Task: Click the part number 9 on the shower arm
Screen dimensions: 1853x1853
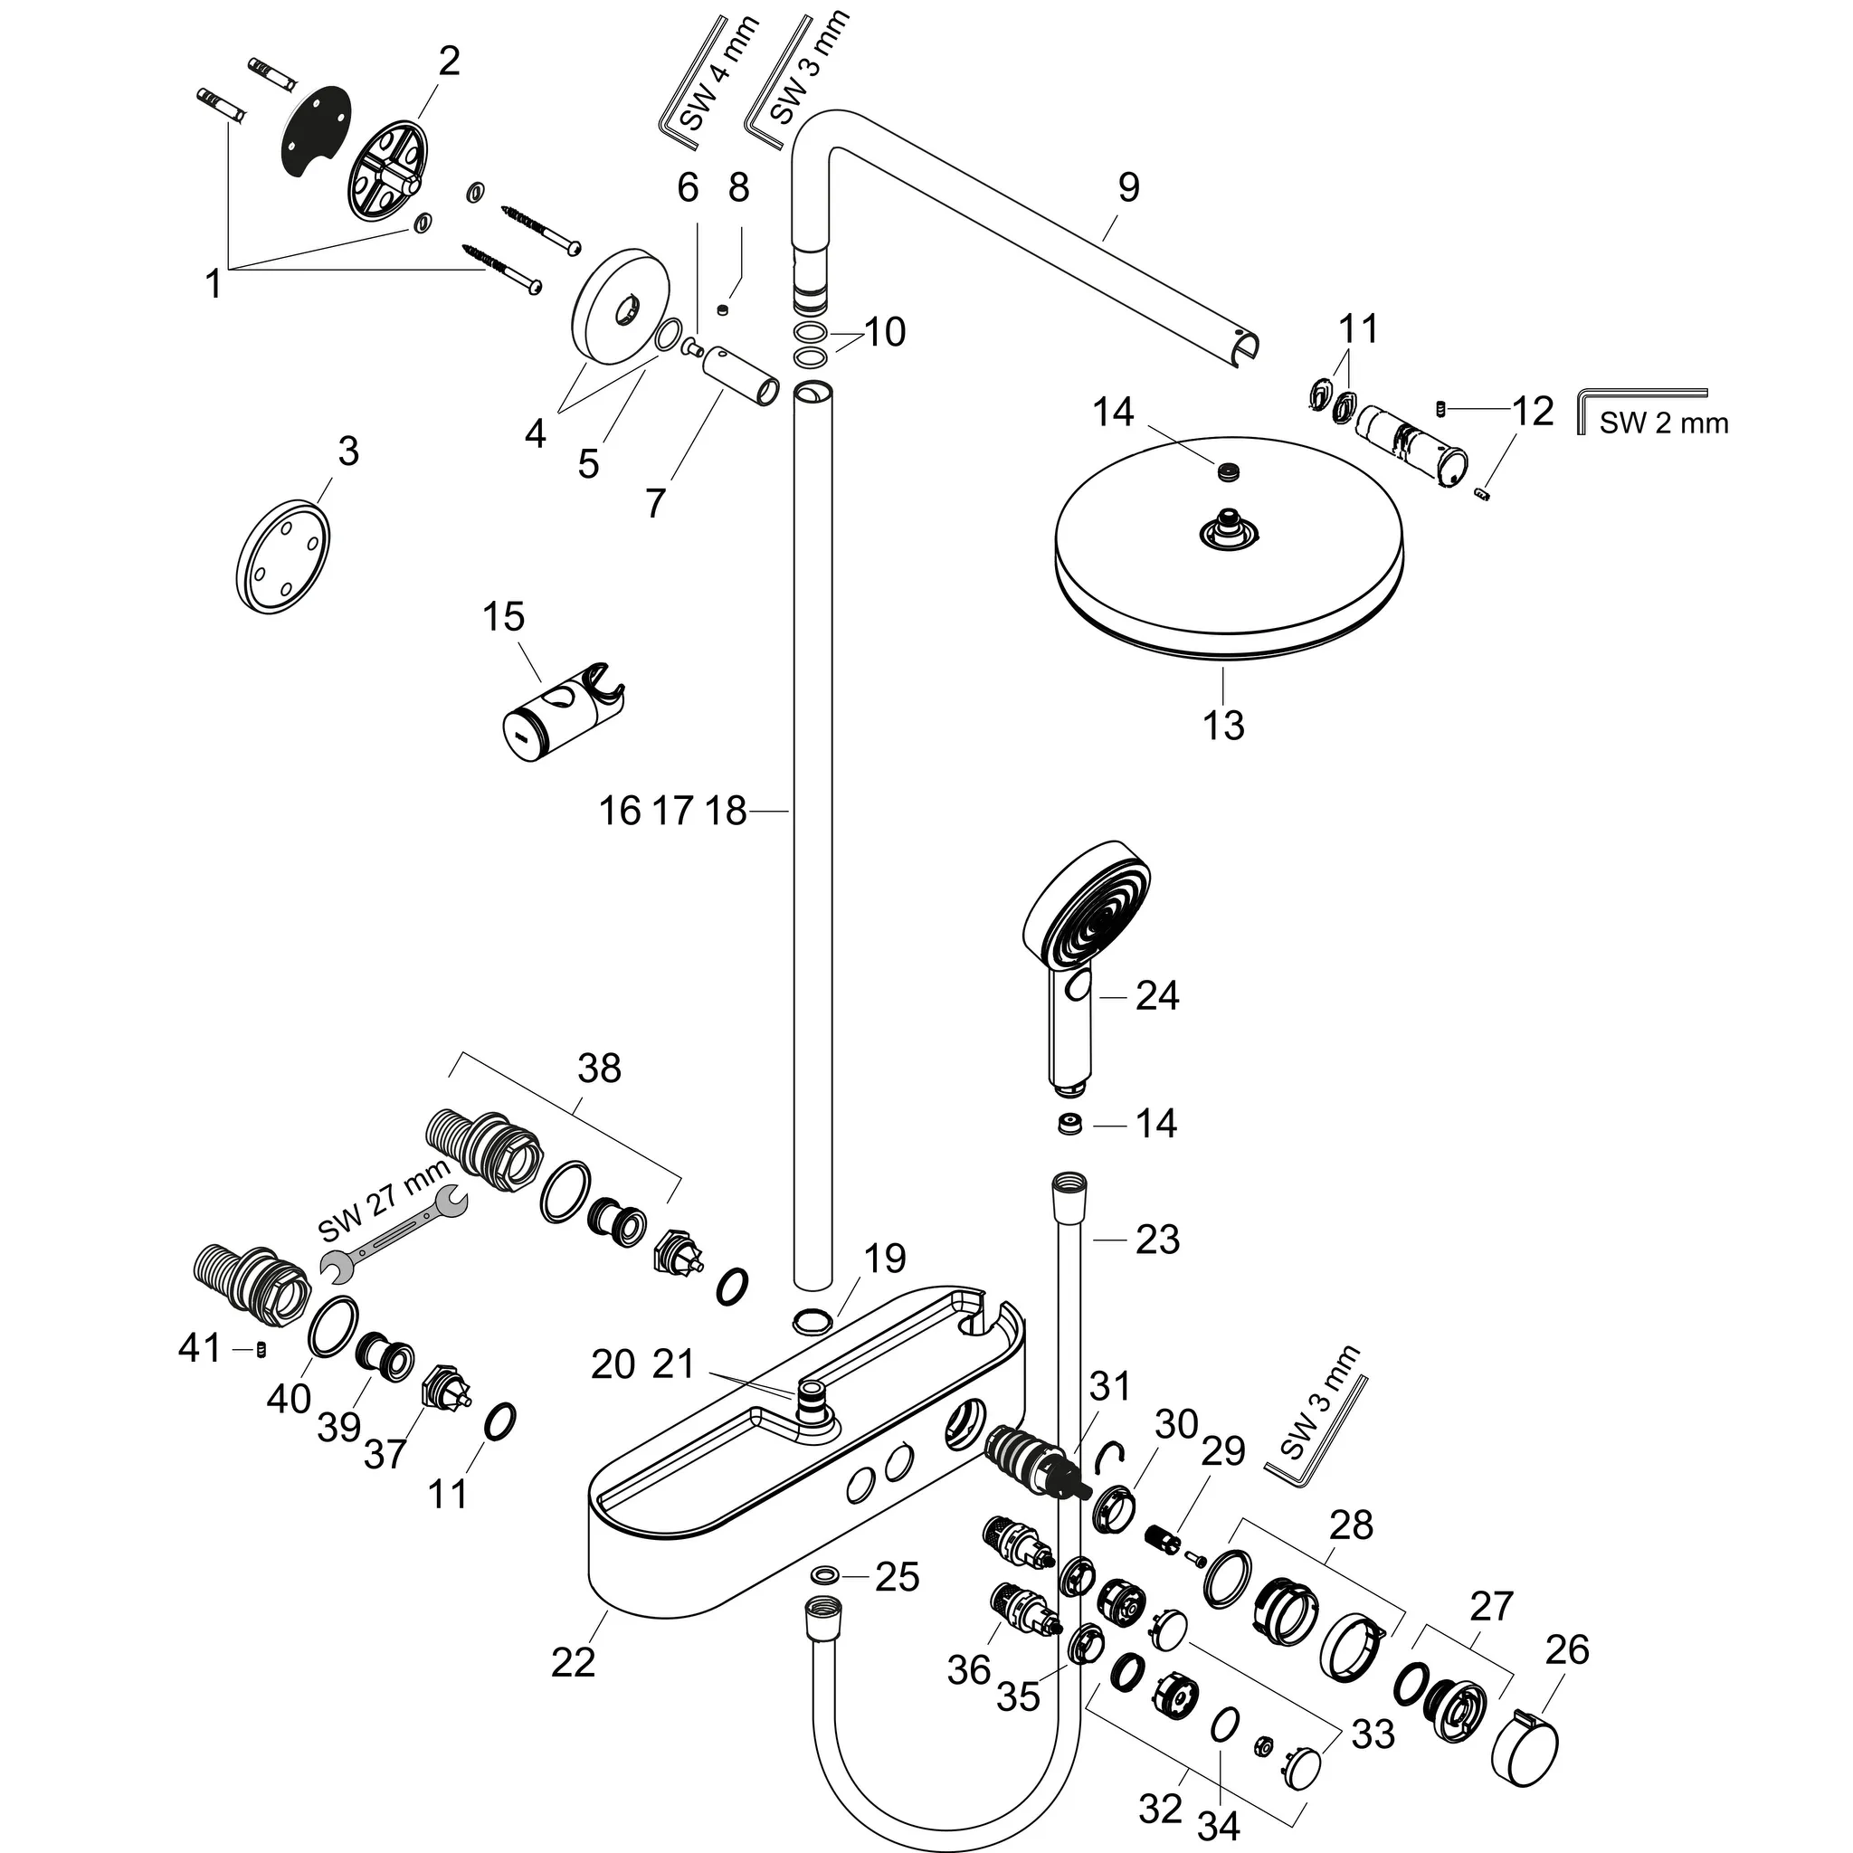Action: pyautogui.click(x=1129, y=187)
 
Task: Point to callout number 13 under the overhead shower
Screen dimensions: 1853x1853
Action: pyautogui.click(x=1223, y=726)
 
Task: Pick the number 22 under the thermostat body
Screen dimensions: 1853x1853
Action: pyautogui.click(x=574, y=1662)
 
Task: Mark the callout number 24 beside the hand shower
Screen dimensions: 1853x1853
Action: pyautogui.click(x=1156, y=995)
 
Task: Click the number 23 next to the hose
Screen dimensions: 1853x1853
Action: pyautogui.click(x=1156, y=1240)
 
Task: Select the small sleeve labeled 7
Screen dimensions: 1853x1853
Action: pyautogui.click(x=740, y=379)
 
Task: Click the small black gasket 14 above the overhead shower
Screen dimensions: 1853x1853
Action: pyautogui.click(x=1226, y=470)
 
